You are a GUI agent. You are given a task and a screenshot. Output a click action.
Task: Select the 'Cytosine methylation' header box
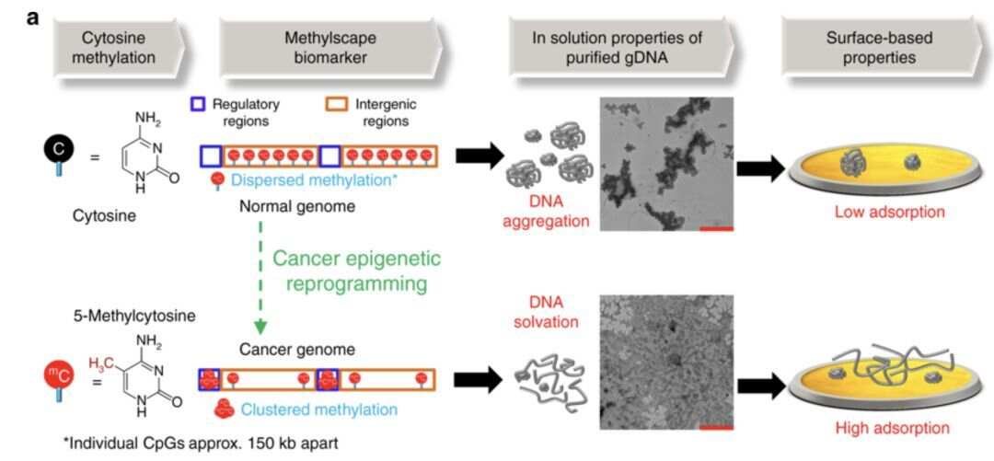(x=119, y=48)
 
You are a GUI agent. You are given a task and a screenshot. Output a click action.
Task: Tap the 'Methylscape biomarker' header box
(x=329, y=48)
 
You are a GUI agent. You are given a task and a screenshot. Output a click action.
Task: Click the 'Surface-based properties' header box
(x=879, y=48)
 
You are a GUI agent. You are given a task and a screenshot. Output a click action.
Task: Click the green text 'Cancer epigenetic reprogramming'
(x=357, y=271)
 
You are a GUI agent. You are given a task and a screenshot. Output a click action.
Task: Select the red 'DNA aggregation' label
(x=547, y=212)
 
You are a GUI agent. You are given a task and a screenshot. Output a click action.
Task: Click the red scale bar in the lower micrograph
(x=716, y=427)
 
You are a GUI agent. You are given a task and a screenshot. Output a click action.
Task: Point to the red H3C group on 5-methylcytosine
(x=102, y=364)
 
